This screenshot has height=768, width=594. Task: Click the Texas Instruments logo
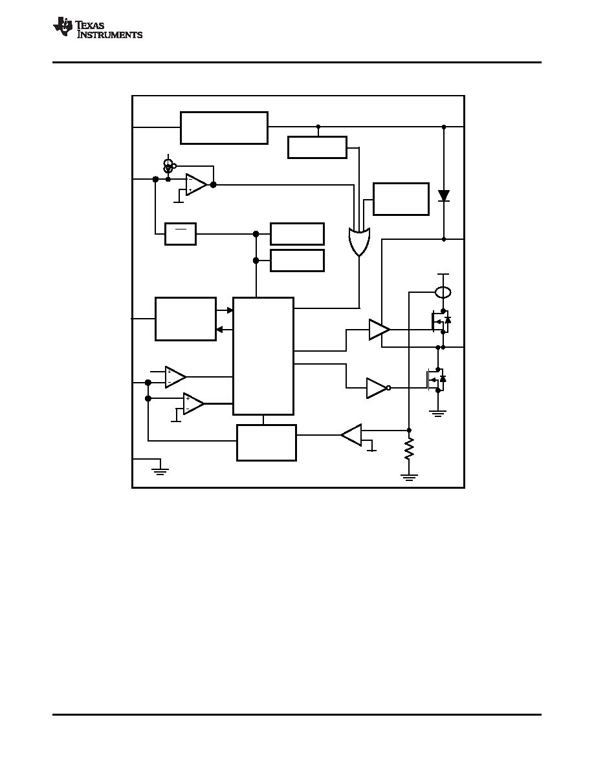click(98, 28)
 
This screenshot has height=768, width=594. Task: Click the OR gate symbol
click(359, 242)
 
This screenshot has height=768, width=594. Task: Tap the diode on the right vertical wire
click(444, 196)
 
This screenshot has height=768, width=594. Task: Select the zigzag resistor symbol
click(409, 449)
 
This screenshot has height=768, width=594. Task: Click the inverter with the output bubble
click(379, 388)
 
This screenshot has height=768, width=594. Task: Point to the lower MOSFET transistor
click(435, 379)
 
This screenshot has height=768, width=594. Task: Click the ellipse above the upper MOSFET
click(443, 292)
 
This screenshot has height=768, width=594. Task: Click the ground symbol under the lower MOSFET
click(437, 413)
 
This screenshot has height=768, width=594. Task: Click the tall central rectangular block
click(263, 356)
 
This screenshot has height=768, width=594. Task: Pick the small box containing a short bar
click(181, 234)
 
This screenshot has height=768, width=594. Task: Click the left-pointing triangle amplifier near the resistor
click(351, 435)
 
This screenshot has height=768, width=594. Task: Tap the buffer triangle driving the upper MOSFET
click(379, 329)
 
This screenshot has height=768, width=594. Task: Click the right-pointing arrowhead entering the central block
click(230, 310)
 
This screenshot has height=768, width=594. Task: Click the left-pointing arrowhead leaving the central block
click(219, 330)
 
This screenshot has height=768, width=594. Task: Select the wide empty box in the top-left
click(224, 128)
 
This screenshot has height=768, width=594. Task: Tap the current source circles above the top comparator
click(169, 165)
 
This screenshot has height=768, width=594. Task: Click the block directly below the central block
click(267, 443)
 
